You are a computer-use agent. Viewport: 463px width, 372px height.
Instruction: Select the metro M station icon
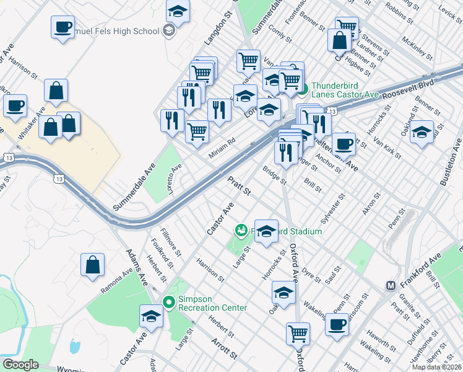coord(391,285)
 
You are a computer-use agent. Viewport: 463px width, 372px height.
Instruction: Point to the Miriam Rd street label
coord(222,149)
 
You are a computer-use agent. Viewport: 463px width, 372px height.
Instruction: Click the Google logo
coord(20,365)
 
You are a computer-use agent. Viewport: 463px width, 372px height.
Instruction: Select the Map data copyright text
coord(436,368)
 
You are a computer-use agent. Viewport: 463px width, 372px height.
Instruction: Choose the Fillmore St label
coord(171,242)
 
